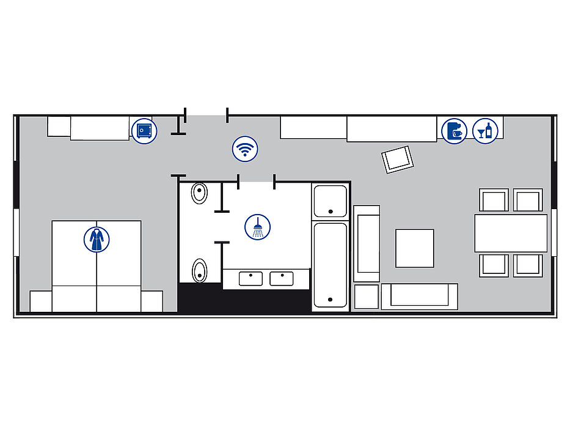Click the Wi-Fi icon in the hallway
(245, 149)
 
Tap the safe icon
(144, 130)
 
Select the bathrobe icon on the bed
(96, 239)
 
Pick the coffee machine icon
(454, 131)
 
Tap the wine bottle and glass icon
(486, 131)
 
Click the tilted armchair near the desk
(397, 159)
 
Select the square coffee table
(414, 248)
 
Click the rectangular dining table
(511, 233)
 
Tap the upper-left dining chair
(494, 200)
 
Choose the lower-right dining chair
(527, 265)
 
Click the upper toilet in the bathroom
(200, 194)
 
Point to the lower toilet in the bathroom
(200, 270)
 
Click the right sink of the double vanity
(282, 279)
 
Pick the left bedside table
(41, 301)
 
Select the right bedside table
(152, 301)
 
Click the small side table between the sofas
(367, 297)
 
